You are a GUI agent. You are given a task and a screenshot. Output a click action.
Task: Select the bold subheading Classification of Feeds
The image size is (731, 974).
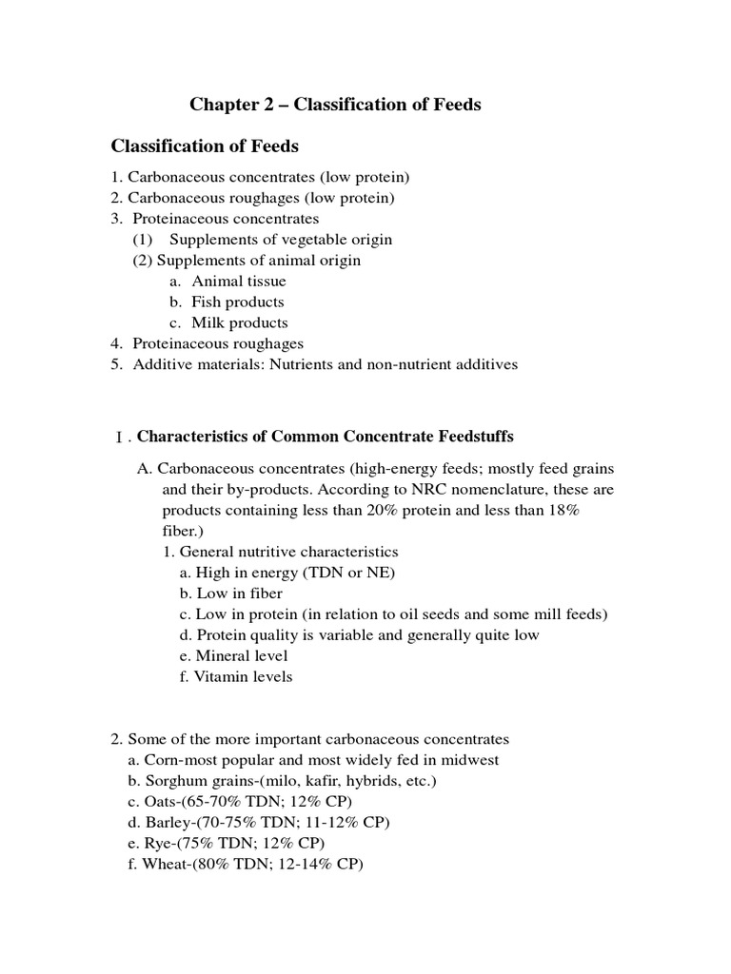click(x=205, y=146)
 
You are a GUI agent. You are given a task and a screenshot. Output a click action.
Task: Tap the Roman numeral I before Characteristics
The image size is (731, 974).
click(x=118, y=438)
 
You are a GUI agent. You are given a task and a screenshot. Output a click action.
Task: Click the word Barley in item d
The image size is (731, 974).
click(x=164, y=822)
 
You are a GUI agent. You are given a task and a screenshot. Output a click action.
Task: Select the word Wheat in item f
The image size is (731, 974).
click(x=164, y=864)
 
